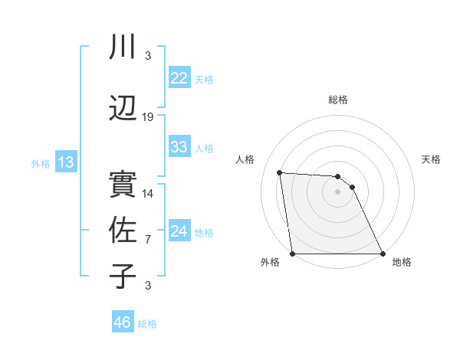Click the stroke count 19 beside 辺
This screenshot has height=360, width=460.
click(x=148, y=117)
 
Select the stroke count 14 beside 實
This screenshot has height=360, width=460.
click(x=148, y=194)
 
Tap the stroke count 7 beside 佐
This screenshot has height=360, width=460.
click(x=148, y=240)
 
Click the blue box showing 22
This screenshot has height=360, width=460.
click(x=179, y=78)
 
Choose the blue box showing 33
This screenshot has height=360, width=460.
click(x=179, y=147)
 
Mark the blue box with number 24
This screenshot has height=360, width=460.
click(x=179, y=231)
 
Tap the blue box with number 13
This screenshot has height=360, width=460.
click(x=65, y=162)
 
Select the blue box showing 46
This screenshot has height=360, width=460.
click(x=122, y=322)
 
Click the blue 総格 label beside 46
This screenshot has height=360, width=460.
click(x=148, y=324)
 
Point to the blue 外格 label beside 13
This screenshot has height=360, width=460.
click(x=41, y=164)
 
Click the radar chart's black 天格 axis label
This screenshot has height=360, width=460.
click(x=432, y=159)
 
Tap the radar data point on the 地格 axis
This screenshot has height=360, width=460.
click(x=383, y=254)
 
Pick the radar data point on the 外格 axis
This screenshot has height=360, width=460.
click(x=292, y=254)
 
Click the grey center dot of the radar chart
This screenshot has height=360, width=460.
click(x=337, y=191)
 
